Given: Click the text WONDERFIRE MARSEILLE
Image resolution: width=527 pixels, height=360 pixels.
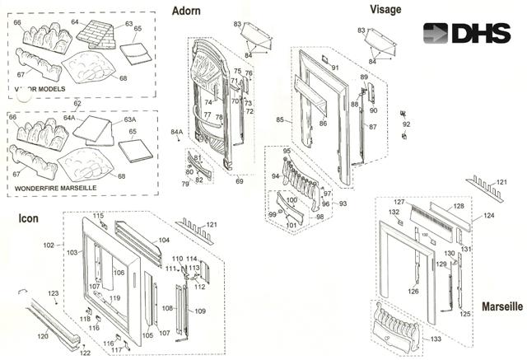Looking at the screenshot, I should [55, 189].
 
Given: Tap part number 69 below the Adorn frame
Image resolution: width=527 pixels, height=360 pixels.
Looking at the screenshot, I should [239, 180].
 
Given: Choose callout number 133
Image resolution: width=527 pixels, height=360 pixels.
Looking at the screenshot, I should [436, 339].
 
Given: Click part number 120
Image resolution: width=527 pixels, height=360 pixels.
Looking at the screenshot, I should [44, 336].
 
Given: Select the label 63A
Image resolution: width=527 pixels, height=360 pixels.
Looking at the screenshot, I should [129, 119].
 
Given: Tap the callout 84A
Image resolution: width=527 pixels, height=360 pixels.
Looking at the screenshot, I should [176, 132].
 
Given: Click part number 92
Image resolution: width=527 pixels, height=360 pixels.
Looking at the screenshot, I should [406, 124].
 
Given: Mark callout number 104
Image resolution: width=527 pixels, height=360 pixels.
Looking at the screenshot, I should [164, 240].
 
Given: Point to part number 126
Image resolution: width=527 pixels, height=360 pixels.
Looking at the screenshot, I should [413, 291].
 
